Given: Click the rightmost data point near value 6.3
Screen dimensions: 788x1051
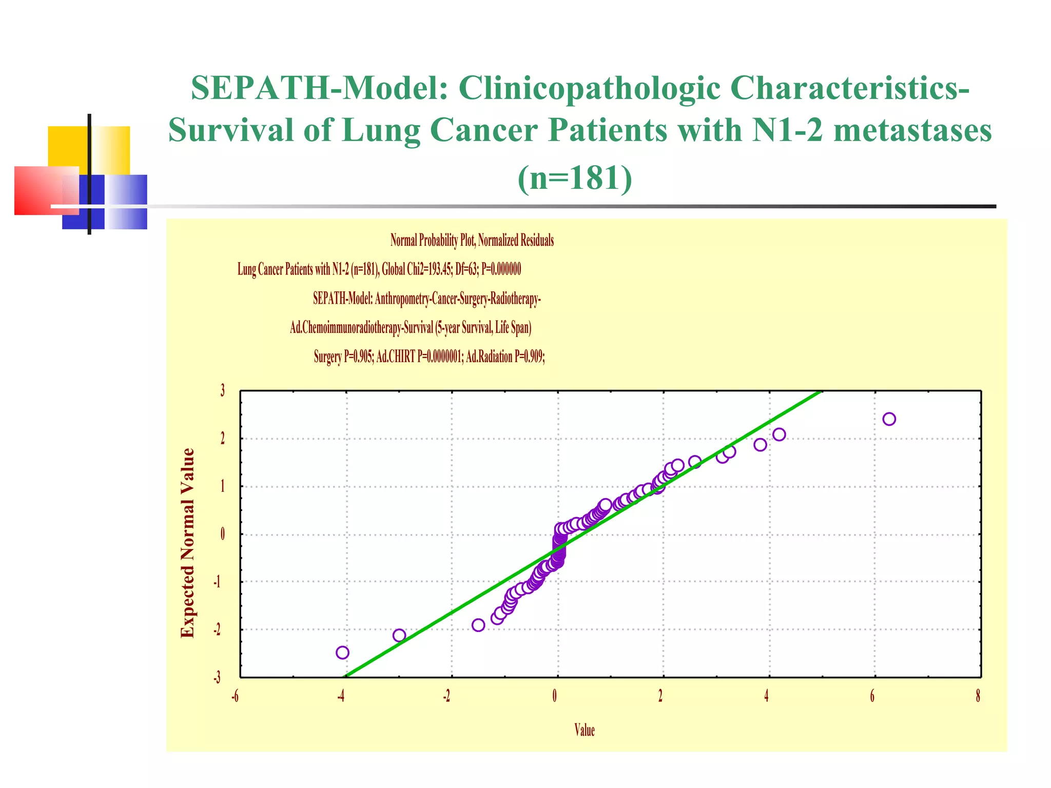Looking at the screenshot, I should coord(889,419).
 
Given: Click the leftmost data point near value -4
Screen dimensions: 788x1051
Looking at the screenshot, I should coord(342,653).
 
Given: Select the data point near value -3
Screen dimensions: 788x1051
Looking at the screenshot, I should coord(399,636).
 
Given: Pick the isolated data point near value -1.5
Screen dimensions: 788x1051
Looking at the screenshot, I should coord(478,625).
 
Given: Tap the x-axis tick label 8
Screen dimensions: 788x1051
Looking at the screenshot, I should coord(978,696).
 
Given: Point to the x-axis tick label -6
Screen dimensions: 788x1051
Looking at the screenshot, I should coord(235,696).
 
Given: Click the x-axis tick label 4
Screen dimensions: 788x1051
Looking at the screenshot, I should coord(766,696).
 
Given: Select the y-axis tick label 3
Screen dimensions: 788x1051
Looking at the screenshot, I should coord(222,391).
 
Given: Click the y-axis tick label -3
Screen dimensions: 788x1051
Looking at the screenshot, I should coord(218,678).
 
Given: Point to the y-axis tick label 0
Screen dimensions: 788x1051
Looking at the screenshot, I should coord(222,534).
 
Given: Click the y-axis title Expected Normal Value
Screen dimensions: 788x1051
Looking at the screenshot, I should coord(188,543).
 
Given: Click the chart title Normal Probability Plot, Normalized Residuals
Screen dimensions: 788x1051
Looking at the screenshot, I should coord(472,240).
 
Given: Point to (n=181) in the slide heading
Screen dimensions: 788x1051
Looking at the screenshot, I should coord(575,178).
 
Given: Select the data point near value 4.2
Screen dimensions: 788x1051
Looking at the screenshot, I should coord(779,435).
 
